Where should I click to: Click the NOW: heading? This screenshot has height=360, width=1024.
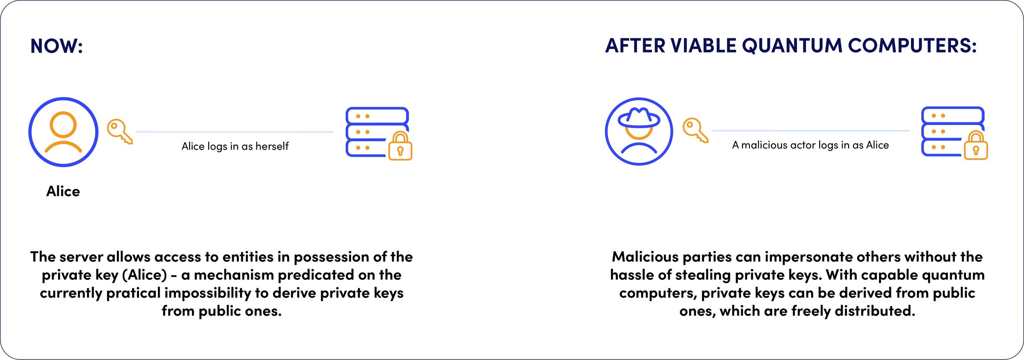coord(57,46)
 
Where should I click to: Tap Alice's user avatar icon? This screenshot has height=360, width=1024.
coord(63,132)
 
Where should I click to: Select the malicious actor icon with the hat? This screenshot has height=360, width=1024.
coord(639,131)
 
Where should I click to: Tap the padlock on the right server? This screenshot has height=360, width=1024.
coord(976,146)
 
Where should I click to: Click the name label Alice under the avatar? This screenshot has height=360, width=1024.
coord(63,191)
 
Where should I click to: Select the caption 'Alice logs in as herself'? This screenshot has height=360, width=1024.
coord(235,146)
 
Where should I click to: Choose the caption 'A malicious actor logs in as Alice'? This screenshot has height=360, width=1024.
coord(810,145)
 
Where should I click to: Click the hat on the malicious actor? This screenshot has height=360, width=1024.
coord(639,117)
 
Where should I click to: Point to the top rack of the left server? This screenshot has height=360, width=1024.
coord(377,116)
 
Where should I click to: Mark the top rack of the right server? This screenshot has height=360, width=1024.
coord(952,115)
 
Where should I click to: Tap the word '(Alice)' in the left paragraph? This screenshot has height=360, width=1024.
coord(145,275)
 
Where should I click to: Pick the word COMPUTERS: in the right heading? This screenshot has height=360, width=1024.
coord(912,46)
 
